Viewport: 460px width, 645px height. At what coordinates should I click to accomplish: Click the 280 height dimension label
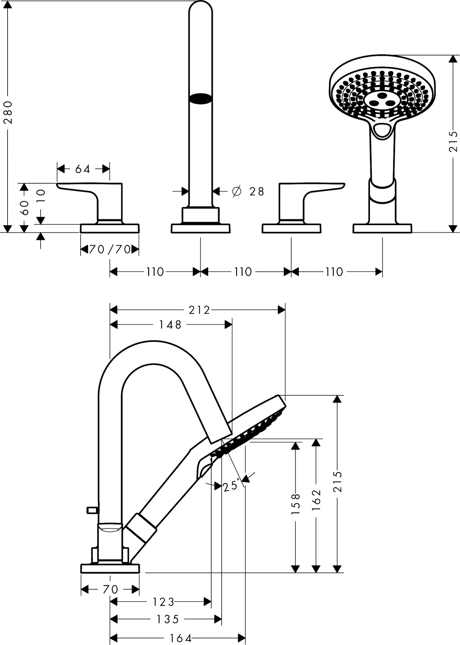(x=8, y=112)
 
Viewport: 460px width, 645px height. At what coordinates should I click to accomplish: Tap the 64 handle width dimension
(x=82, y=169)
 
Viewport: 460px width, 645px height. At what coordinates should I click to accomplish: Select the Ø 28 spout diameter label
(x=248, y=191)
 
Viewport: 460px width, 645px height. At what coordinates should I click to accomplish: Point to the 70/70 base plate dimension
(x=110, y=249)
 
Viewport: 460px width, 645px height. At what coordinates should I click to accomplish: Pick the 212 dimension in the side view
(x=199, y=310)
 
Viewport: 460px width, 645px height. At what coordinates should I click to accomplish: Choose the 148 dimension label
(x=170, y=325)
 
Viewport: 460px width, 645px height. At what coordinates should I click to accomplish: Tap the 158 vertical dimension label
(x=296, y=504)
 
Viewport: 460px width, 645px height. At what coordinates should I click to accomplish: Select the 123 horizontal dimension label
(x=163, y=602)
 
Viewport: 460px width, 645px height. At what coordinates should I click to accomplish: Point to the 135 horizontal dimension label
(x=168, y=619)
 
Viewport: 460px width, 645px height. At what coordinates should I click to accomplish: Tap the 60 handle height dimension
(x=24, y=208)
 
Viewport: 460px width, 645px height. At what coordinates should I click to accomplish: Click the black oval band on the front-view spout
(x=201, y=98)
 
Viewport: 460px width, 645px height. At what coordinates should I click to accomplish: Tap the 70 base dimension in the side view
(x=110, y=589)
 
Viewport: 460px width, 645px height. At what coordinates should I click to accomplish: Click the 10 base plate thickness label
(x=41, y=196)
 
